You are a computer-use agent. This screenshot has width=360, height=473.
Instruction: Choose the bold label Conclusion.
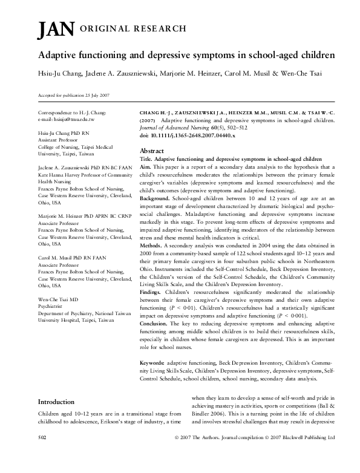pos(157,324)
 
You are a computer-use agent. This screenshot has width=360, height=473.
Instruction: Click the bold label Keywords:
pos(156,362)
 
